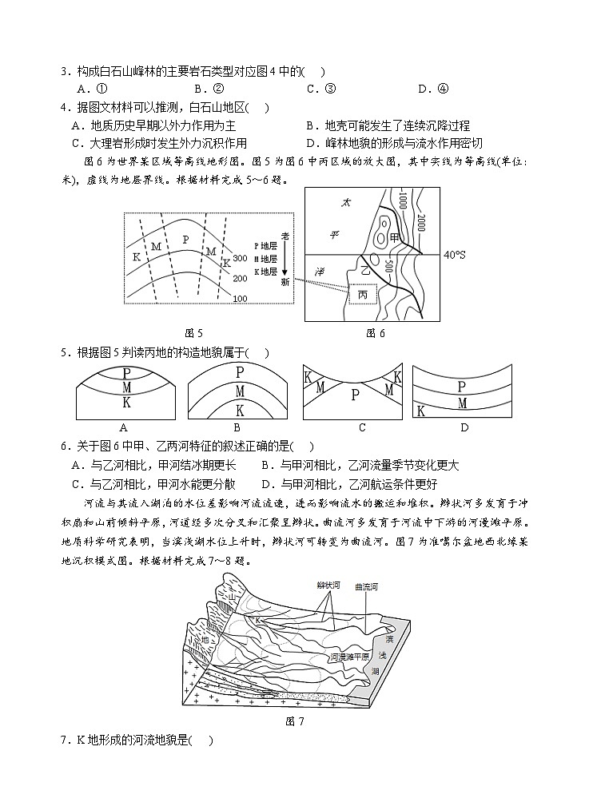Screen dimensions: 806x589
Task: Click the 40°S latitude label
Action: (x=455, y=255)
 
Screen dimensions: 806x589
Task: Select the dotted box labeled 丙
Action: (x=363, y=295)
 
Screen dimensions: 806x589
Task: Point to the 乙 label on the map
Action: (x=368, y=272)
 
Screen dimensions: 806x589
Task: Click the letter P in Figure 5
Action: (x=185, y=239)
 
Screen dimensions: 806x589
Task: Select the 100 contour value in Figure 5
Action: (x=241, y=298)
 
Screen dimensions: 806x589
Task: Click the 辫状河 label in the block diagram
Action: (x=328, y=585)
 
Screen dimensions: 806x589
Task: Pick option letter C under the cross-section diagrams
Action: (x=362, y=427)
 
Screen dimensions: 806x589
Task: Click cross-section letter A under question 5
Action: (x=123, y=427)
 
